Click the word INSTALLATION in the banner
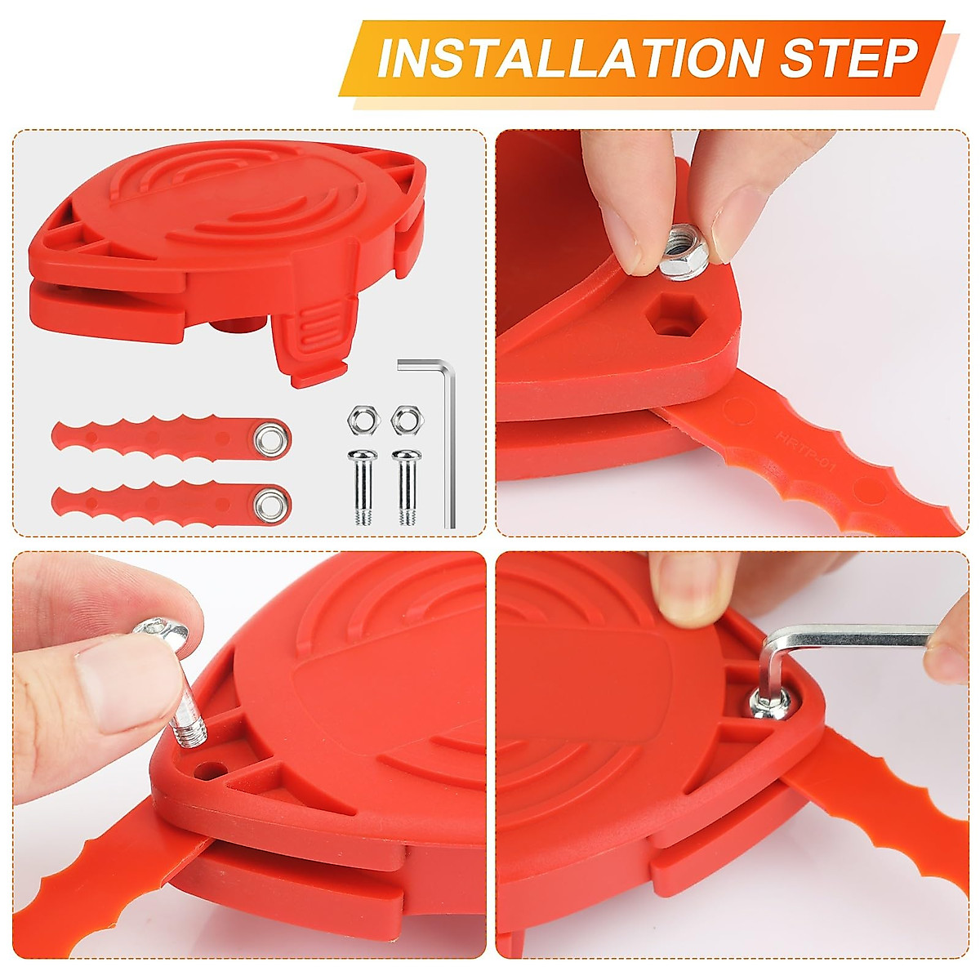tap(568, 58)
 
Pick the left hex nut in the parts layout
tap(359, 421)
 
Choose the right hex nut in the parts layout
tap(403, 421)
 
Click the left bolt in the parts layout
tap(359, 486)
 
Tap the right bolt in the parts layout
tap(404, 486)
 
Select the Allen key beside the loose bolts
tap(441, 433)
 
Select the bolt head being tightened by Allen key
tap(769, 702)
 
